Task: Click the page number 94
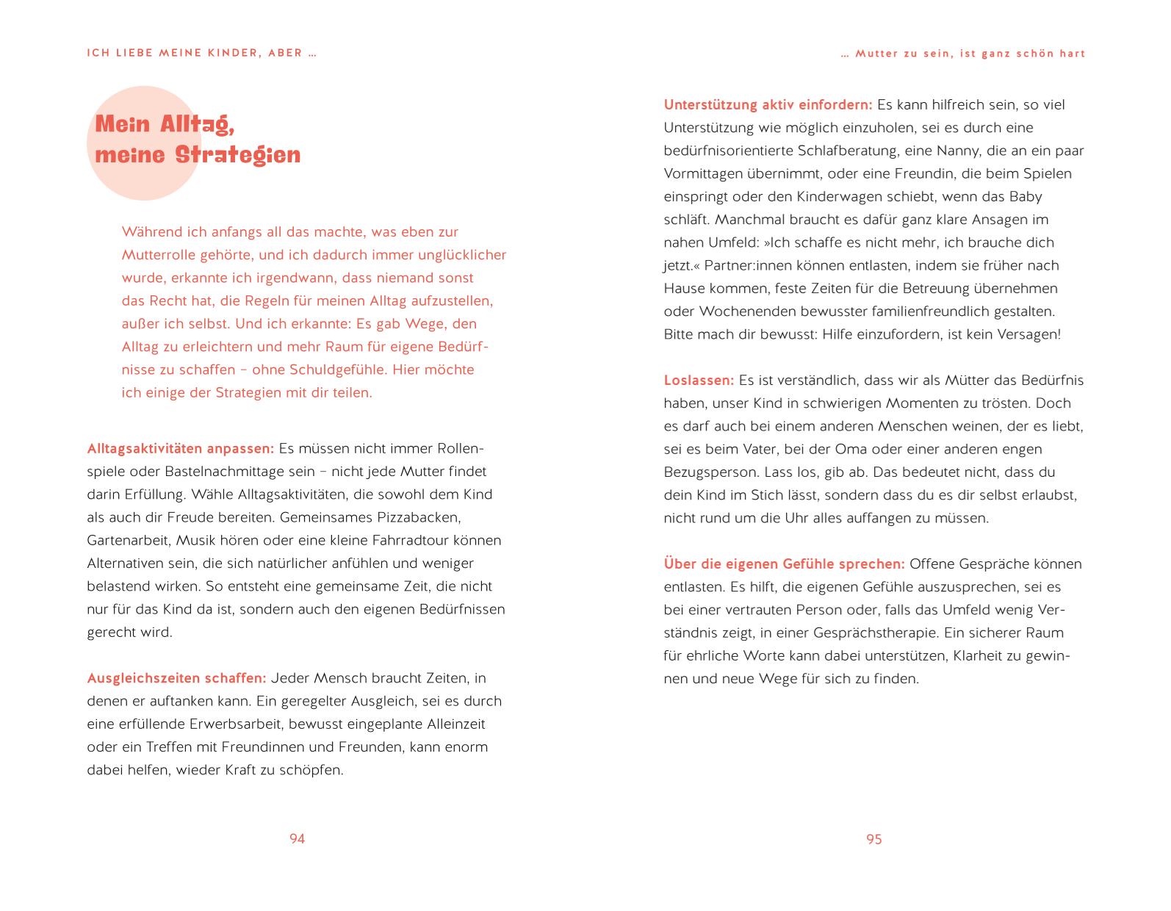pos(297,839)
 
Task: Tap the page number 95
pos(873,839)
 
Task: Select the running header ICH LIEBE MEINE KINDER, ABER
pos(201,54)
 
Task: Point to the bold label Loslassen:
pos(699,381)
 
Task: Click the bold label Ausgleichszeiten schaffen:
pos(176,678)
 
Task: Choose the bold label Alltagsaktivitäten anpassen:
pos(180,449)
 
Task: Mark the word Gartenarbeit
pos(129,541)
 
